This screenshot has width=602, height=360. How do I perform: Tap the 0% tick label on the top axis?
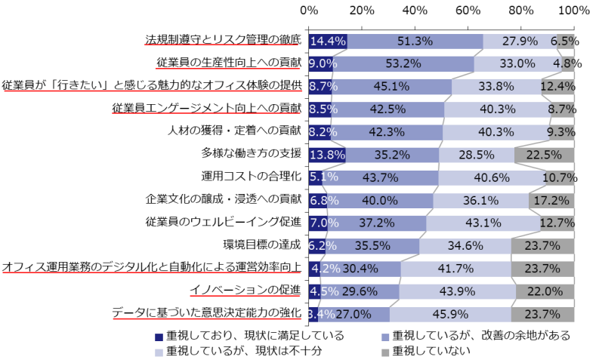pyautogui.click(x=309, y=11)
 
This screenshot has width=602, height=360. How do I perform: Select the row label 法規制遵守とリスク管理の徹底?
pyautogui.click(x=223, y=40)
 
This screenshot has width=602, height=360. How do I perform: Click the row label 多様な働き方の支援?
pyautogui.click(x=251, y=154)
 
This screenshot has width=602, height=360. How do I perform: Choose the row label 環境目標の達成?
pyautogui.click(x=262, y=245)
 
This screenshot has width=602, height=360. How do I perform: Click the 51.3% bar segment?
pyautogui.click(x=415, y=41)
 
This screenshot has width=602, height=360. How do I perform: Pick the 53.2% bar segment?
pyautogui.click(x=403, y=63)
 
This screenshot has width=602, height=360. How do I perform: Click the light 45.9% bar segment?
pyautogui.click(x=449, y=314)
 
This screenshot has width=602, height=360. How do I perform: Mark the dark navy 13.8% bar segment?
pyautogui.click(x=327, y=155)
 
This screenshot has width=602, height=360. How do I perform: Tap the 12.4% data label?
pyautogui.click(x=557, y=86)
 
